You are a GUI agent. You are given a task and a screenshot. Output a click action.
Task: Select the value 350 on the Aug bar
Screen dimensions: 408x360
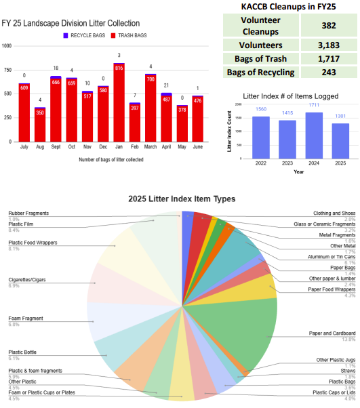coord(40,113)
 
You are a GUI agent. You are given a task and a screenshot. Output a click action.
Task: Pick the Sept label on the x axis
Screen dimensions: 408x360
coord(56,147)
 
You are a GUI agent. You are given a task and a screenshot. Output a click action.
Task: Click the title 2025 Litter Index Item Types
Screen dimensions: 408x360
coord(182,199)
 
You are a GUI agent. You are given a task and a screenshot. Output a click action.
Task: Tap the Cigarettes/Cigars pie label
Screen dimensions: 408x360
coord(28,298)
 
